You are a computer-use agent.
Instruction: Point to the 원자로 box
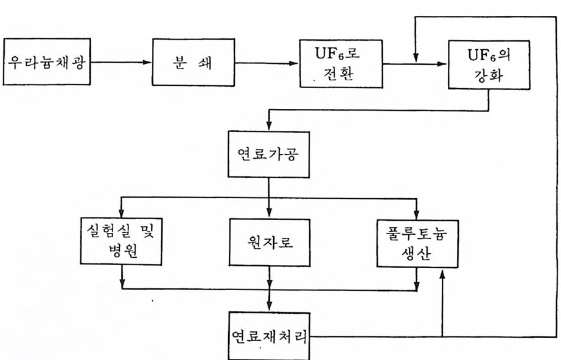(268, 241)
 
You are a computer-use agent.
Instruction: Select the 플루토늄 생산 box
(416, 241)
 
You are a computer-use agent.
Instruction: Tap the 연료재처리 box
(268, 336)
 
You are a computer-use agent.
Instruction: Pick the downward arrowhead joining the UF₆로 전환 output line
(414, 59)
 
